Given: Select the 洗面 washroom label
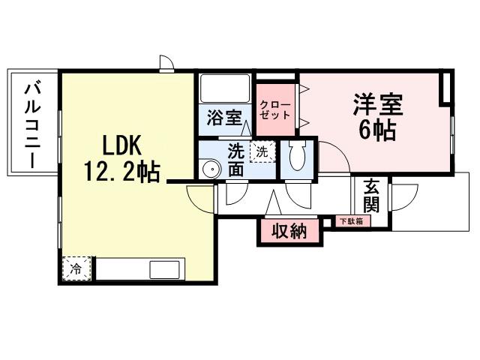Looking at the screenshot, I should point(235,160).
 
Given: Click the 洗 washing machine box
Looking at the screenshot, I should point(262,151).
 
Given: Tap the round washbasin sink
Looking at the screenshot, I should point(212,169).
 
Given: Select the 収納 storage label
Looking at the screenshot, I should point(289,231).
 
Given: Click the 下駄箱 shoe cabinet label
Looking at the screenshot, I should point(350,221).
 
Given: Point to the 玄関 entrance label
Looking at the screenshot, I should point(372,195).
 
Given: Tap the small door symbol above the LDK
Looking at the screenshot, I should point(166,63).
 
